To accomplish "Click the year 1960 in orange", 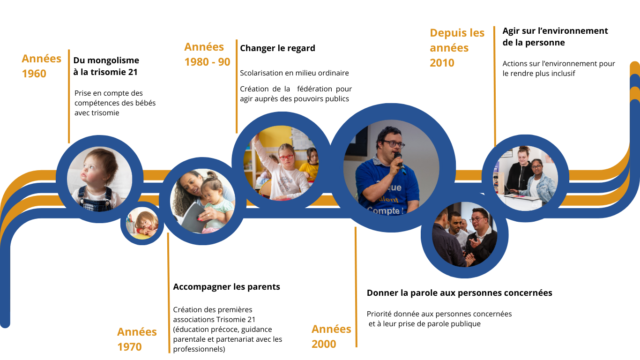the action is click(x=34, y=74).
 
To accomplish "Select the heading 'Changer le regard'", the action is click(x=277, y=48).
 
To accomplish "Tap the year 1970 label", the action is click(x=129, y=347).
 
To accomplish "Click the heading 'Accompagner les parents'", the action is click(x=226, y=287).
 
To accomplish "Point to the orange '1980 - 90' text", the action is click(x=207, y=62).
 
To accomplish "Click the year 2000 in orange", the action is click(x=324, y=344).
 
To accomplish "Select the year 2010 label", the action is click(x=442, y=63).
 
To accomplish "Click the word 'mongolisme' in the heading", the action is click(x=113, y=60).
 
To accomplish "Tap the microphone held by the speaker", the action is click(x=400, y=163).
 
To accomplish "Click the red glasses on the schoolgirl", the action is click(x=286, y=157).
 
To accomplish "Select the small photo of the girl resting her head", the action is click(x=142, y=223).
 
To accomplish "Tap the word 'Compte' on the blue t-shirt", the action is click(x=383, y=211).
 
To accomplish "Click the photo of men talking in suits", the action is click(x=465, y=234).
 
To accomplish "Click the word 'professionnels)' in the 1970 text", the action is click(x=199, y=349).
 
